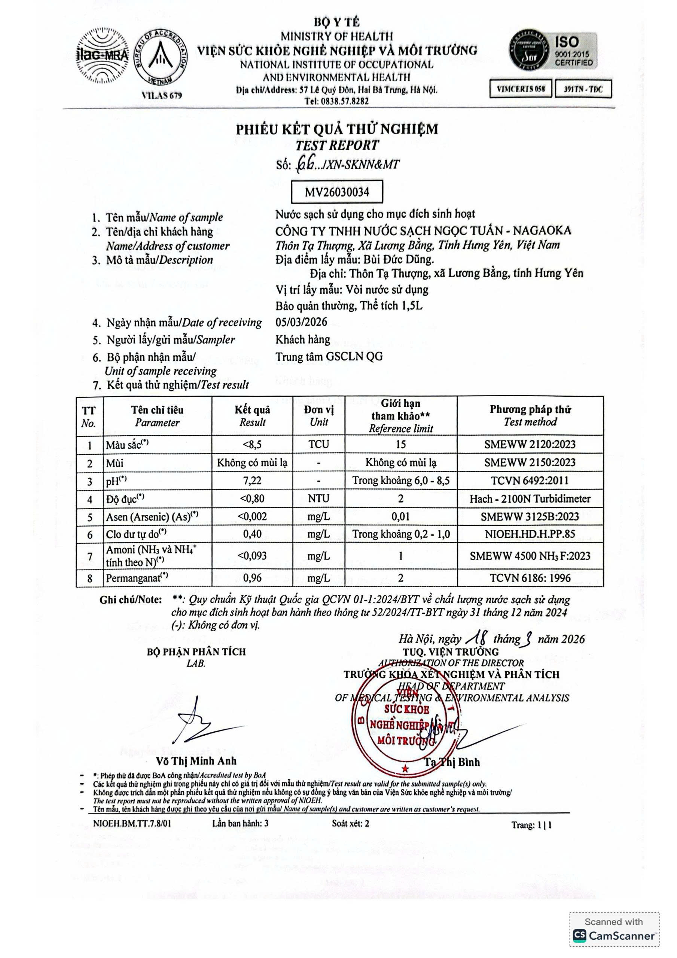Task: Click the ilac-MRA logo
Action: click(102, 55)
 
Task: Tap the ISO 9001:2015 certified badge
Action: click(553, 51)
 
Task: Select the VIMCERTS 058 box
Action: click(521, 89)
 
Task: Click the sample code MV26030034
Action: click(337, 192)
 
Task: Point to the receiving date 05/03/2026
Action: click(301, 322)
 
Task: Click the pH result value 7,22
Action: click(252, 480)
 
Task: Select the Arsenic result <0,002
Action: click(252, 516)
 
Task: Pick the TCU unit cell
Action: click(318, 444)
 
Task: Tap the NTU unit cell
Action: click(318, 498)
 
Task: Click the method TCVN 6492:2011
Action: click(530, 480)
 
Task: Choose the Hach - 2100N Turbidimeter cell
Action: click(530, 498)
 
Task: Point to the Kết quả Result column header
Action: click(252, 416)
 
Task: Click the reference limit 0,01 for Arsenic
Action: click(401, 516)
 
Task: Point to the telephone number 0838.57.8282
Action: click(336, 101)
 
